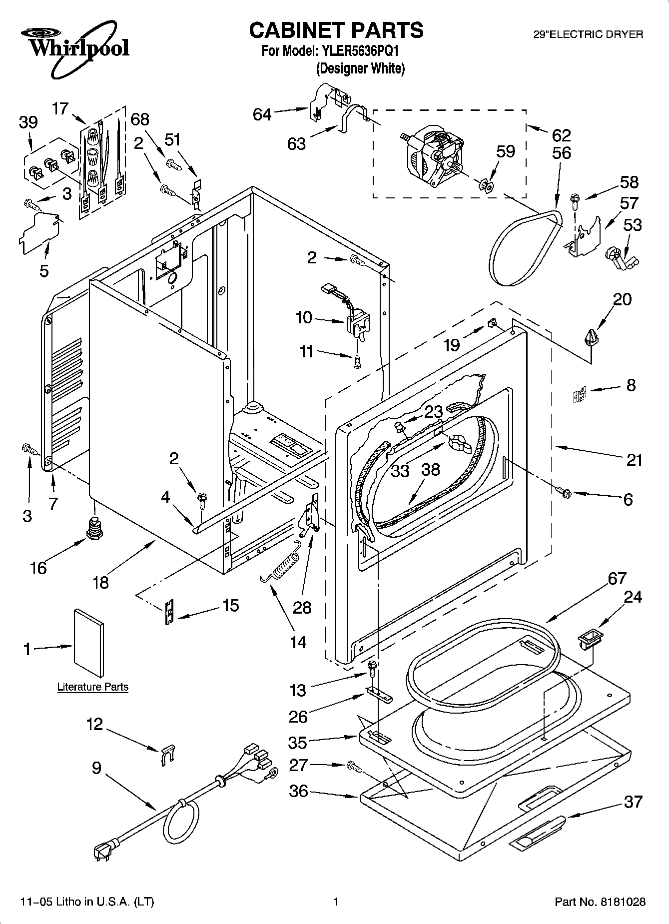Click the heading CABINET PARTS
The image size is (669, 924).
[336, 30]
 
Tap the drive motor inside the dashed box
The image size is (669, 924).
[434, 152]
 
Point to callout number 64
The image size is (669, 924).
[262, 115]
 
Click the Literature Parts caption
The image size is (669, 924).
[93, 687]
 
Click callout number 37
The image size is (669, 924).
[633, 802]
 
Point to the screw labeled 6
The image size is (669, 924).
[564, 492]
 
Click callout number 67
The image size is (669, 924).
[617, 578]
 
